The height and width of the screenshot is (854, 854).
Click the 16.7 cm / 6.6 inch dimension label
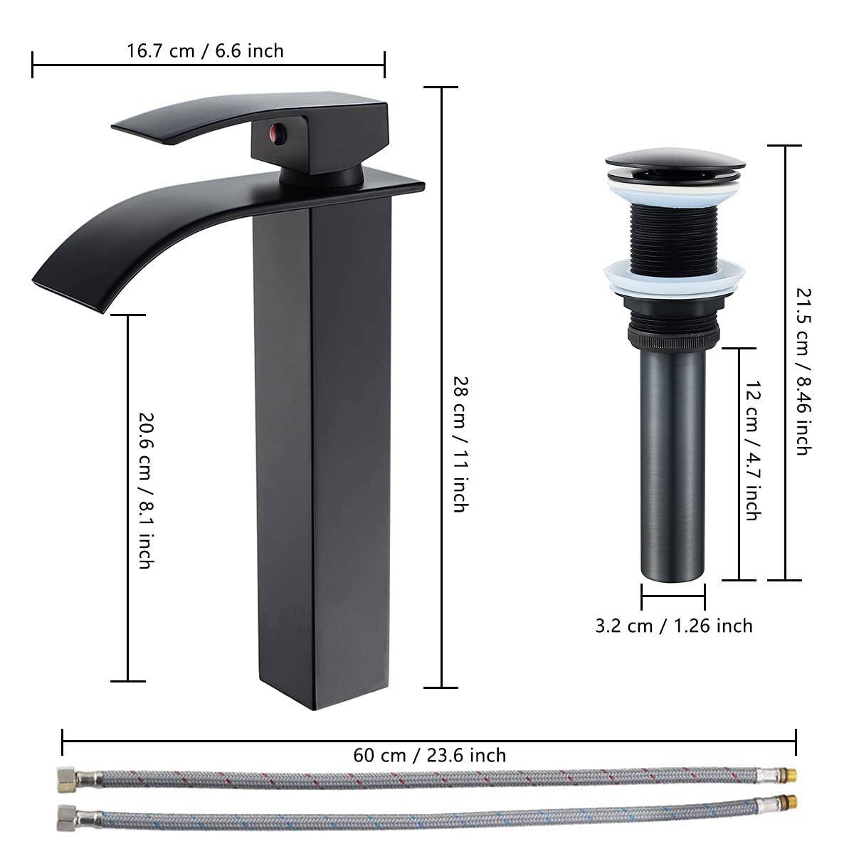(x=205, y=51)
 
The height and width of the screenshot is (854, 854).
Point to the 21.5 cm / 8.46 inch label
(x=802, y=370)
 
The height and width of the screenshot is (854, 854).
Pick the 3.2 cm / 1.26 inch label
(x=673, y=626)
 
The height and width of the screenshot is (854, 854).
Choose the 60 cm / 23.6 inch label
(x=429, y=754)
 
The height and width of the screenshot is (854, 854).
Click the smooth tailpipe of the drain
(x=673, y=463)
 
